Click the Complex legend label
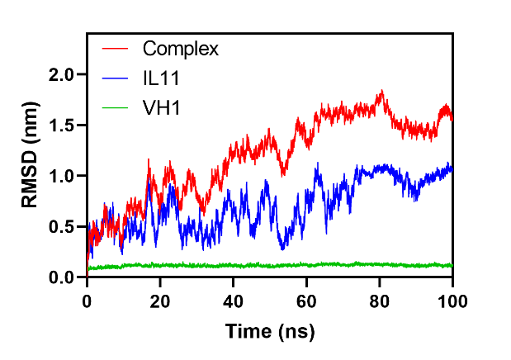pyautogui.click(x=180, y=50)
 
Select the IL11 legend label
pyautogui.click(x=161, y=78)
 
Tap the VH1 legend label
pyautogui.click(x=161, y=107)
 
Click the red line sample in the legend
pyautogui.click(x=115, y=49)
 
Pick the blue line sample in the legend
pyautogui.click(x=115, y=78)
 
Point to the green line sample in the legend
pyautogui.click(x=115, y=107)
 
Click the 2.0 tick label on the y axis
pyautogui.click(x=61, y=75)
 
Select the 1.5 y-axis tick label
pyautogui.click(x=61, y=126)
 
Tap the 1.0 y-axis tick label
pyautogui.click(x=61, y=176)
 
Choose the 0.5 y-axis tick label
pyautogui.click(x=61, y=226)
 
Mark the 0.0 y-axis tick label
pyautogui.click(x=61, y=277)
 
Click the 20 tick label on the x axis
pyautogui.click(x=160, y=301)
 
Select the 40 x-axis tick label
pyautogui.click(x=234, y=301)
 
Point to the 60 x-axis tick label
pyautogui.click(x=306, y=301)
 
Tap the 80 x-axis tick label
pyautogui.click(x=380, y=301)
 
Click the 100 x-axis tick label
pyautogui.click(x=452, y=301)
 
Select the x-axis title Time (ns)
pyautogui.click(x=270, y=332)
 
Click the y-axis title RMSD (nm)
pyautogui.click(x=30, y=155)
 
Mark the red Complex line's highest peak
pyautogui.click(x=381, y=90)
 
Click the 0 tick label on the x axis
pyautogui.click(x=87, y=301)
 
